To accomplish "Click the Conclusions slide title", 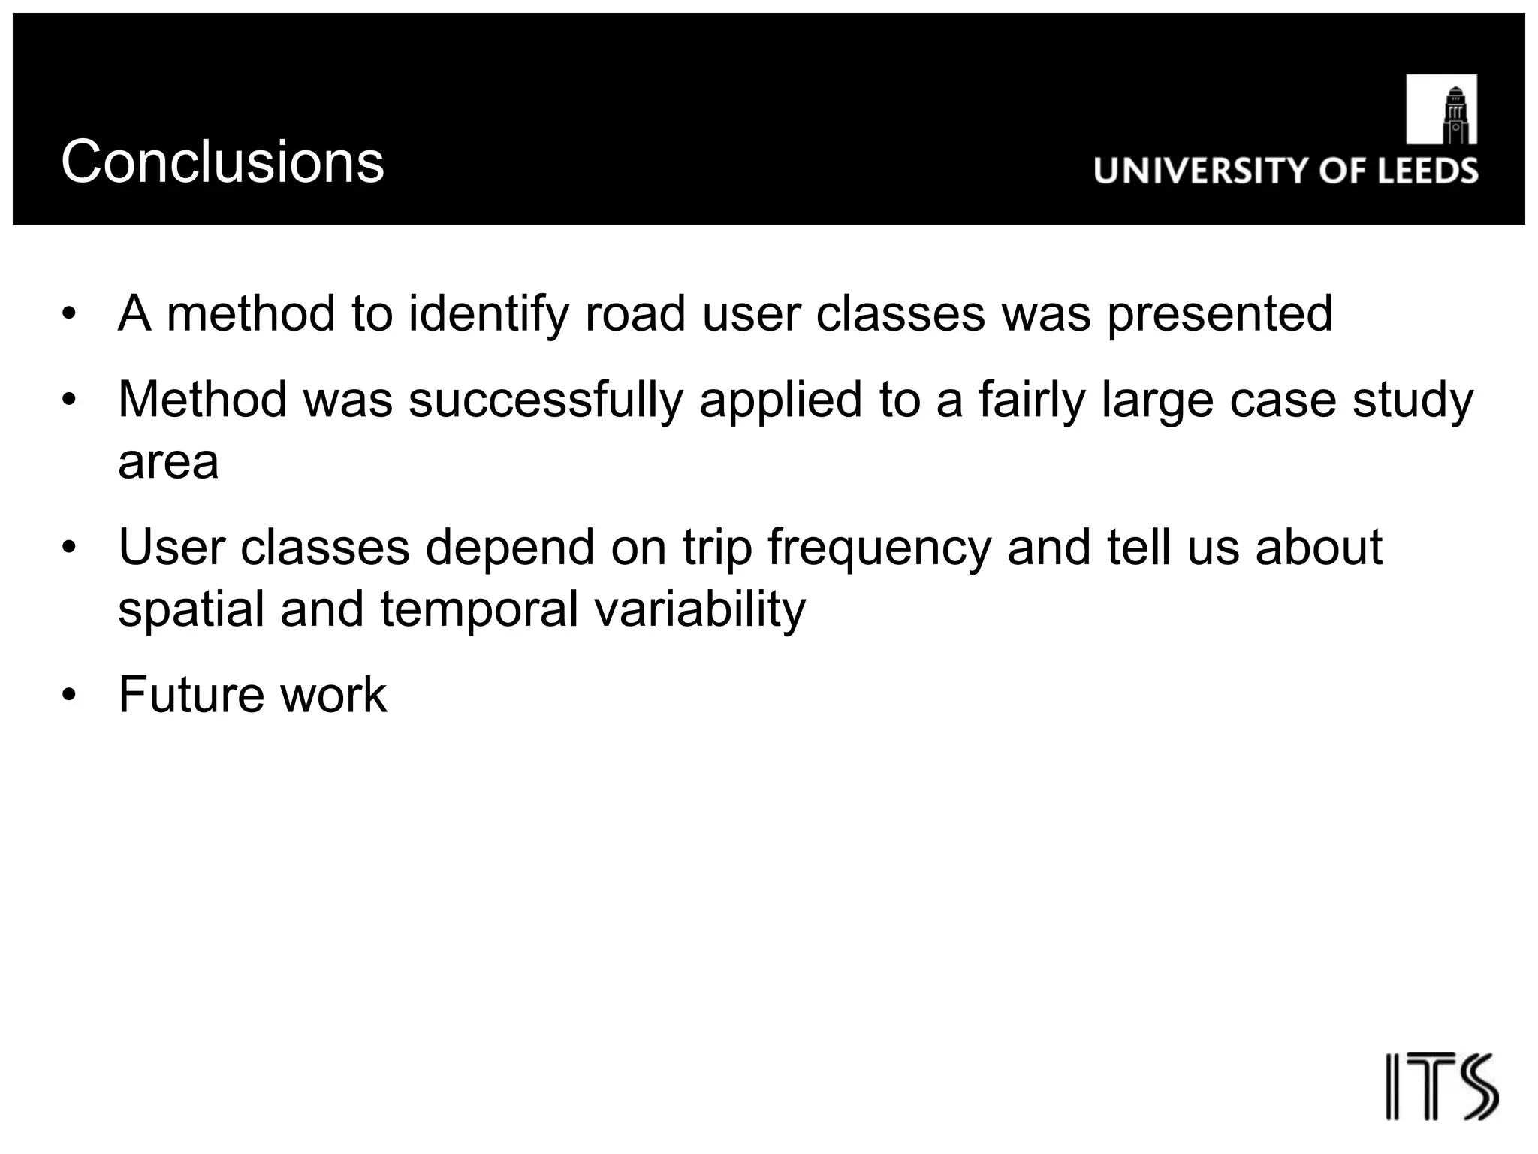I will coord(222,162).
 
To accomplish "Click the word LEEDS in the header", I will coord(1428,171).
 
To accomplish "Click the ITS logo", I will coord(1441,1086).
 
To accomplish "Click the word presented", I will coord(1220,314).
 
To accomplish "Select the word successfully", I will coord(546,400).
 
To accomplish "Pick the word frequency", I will coord(879,548).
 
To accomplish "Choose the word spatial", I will coord(191,609).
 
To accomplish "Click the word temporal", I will coord(479,609).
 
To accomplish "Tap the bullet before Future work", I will coord(70,695).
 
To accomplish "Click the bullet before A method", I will coord(70,314).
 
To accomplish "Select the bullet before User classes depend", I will coord(70,548).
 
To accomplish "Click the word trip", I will coord(716,548).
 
